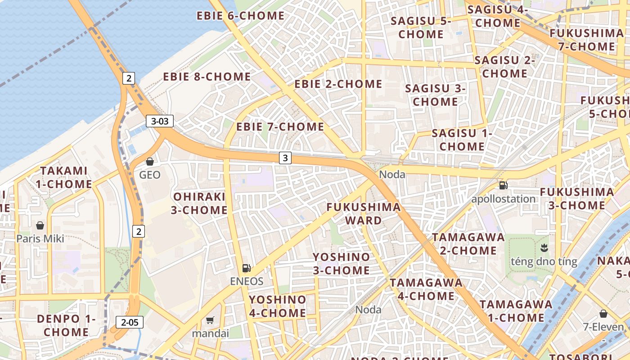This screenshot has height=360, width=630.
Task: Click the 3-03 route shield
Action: pos(160,121)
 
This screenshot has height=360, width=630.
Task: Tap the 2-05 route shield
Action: pos(130,322)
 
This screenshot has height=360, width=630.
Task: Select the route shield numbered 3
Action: pos(285,158)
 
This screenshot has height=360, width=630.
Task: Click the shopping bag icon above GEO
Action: pos(150,162)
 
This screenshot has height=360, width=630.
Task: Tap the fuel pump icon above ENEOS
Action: pos(246,268)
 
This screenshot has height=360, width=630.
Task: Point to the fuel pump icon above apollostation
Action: pos(503,185)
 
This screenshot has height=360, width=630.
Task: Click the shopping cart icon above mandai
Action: pos(210,320)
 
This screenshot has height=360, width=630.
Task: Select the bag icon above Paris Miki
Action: pos(40,225)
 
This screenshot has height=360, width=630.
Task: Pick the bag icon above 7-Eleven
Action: pos(603,314)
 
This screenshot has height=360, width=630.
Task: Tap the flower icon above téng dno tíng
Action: pos(544,248)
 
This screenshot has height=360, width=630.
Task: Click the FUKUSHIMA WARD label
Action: pos(364,214)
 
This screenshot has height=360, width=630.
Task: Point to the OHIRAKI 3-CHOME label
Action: pos(200,203)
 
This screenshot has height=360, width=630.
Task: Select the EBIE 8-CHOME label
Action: pos(207,77)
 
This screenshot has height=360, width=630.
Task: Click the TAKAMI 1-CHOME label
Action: pos(64,177)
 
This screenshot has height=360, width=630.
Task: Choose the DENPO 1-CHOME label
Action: pos(66,326)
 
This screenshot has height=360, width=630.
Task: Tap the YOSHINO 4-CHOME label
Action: pos(278,306)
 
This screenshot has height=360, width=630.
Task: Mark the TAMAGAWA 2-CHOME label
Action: pos(468,244)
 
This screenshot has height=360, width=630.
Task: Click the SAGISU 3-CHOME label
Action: pos(435,95)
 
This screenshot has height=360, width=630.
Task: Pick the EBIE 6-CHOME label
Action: pos(240,16)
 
